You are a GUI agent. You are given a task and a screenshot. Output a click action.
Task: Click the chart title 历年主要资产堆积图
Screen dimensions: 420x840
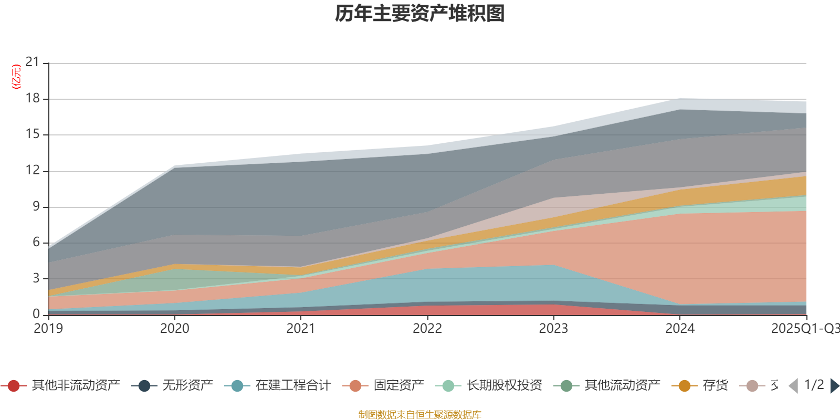click(420, 14)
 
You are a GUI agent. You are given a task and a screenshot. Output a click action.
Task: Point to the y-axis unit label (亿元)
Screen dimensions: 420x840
click(16, 77)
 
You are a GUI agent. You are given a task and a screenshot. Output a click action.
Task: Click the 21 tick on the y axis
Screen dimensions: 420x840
click(33, 62)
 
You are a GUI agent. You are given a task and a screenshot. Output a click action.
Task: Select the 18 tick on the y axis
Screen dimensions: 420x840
click(33, 98)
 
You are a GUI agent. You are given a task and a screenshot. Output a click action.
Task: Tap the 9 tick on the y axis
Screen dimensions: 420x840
click(36, 206)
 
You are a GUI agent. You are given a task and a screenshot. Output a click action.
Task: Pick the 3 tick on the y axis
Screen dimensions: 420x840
click(36, 278)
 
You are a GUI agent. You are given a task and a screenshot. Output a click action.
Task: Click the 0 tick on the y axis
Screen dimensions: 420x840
click(36, 314)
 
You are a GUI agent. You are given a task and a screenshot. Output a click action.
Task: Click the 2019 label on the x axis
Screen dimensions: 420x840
click(48, 329)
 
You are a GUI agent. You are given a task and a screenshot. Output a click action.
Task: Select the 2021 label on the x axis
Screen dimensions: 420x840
click(301, 329)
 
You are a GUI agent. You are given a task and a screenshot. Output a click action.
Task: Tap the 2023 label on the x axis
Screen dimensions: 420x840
click(553, 329)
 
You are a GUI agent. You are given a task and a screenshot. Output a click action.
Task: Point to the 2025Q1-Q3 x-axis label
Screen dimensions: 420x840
click(804, 329)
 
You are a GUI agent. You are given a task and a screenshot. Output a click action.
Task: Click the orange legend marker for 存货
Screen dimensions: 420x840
click(685, 386)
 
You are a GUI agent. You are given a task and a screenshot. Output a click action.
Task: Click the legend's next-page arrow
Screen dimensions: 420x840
click(834, 386)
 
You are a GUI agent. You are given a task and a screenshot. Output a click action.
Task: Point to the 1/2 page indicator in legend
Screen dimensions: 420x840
click(814, 385)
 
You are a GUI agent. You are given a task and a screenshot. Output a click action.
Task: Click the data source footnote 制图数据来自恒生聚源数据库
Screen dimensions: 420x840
click(420, 415)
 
